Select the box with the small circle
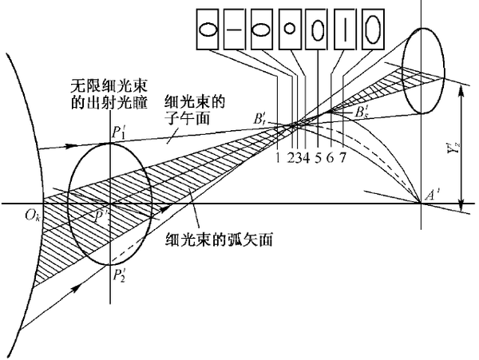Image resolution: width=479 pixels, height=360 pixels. [x=291, y=30]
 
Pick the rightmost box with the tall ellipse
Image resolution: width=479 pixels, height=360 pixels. [x=373, y=30]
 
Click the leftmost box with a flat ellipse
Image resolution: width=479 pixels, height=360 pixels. [x=206, y=30]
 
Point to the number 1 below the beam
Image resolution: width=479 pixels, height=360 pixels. [x=276, y=156]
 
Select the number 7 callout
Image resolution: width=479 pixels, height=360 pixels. [x=342, y=156]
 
